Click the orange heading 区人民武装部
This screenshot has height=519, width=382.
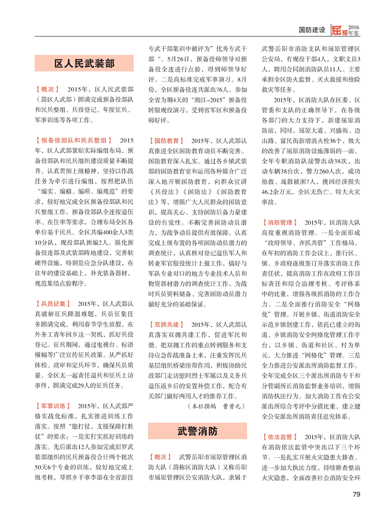(x=84, y=64)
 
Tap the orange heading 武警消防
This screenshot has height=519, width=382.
(x=198, y=431)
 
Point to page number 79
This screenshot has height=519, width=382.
(x=356, y=494)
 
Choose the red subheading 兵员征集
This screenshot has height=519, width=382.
(x=53, y=304)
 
